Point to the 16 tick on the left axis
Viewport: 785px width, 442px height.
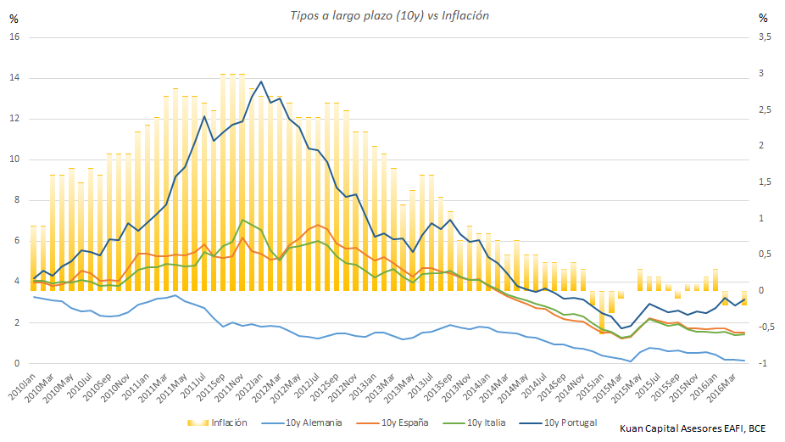tap(14, 37)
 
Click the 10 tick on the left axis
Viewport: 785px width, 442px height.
tap(14, 159)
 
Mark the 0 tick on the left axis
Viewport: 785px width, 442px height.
tap(16, 363)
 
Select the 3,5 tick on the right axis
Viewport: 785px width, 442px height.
tap(765, 37)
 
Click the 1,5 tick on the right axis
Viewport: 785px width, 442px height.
tap(765, 182)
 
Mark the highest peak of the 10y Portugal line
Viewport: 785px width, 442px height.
tap(260, 81)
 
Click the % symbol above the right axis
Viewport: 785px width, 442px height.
tap(763, 17)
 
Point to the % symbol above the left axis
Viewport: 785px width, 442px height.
tap(14, 17)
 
